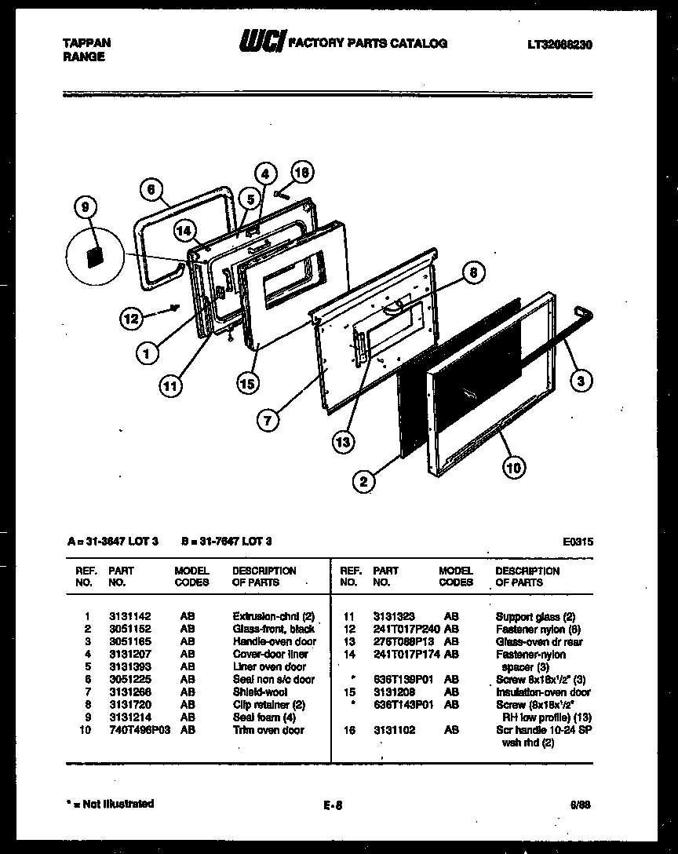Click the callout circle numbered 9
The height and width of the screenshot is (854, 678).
coord(85,207)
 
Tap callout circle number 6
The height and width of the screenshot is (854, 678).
coord(152,189)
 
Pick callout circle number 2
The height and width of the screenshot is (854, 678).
coord(363,482)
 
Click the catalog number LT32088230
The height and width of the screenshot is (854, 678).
coord(560,46)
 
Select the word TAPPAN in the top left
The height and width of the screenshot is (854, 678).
coord(86,44)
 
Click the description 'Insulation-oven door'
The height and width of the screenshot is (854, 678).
coord(543,692)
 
